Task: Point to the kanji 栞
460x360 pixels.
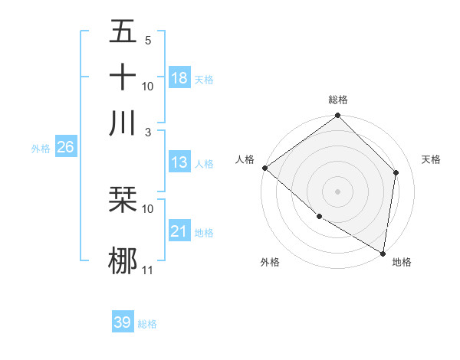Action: pos(123,201)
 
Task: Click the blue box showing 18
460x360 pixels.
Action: pos(179,78)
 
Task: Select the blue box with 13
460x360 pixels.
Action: pos(179,162)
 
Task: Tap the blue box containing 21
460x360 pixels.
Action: pos(179,231)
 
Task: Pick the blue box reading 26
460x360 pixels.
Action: pos(65,148)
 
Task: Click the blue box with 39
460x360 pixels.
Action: pos(123,322)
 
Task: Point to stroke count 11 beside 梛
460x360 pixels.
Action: pos(148,270)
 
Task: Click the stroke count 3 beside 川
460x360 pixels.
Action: pos(148,132)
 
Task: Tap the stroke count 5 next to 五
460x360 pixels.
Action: pos(148,41)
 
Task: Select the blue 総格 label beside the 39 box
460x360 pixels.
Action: pos(147,324)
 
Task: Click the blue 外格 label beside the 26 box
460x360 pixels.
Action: pos(41,149)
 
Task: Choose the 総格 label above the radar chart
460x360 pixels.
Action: pos(337,100)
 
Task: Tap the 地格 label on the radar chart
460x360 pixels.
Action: pos(402,262)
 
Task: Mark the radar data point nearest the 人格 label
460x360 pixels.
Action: pos(264,168)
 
